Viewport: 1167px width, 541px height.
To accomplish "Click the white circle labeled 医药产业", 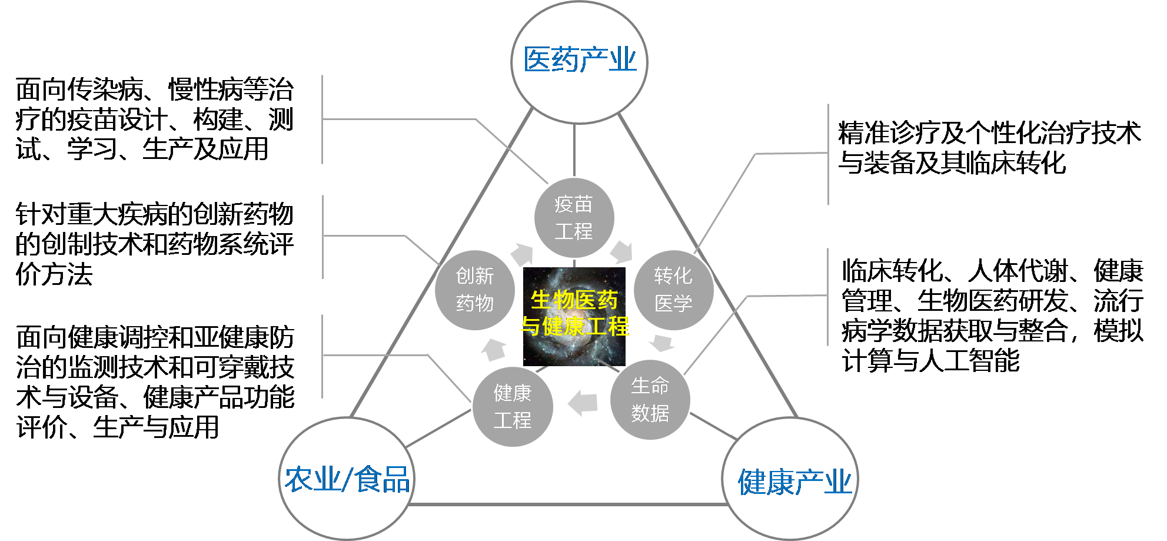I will (x=579, y=61).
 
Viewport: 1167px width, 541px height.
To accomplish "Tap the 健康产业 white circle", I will (x=790, y=480).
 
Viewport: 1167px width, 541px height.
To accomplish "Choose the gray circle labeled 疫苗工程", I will (x=574, y=218).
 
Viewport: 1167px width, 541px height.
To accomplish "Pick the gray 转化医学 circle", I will (x=673, y=290).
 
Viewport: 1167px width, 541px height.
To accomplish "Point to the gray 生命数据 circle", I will (x=650, y=400).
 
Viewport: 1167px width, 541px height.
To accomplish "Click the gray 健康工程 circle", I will (x=513, y=407).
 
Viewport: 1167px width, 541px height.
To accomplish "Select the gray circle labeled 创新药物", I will (x=475, y=290).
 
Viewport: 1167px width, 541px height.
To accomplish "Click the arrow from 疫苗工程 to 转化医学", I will (x=621, y=252).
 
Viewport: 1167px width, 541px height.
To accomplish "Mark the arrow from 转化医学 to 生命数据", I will (x=662, y=343).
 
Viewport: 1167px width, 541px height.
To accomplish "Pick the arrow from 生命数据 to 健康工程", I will (x=583, y=403).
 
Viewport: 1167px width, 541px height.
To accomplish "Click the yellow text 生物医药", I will (x=574, y=300).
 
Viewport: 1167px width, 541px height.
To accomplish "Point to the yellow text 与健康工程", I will (x=574, y=326).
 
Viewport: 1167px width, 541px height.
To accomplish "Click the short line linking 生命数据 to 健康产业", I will (x=713, y=426).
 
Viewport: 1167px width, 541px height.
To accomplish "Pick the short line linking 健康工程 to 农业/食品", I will (x=438, y=429).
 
